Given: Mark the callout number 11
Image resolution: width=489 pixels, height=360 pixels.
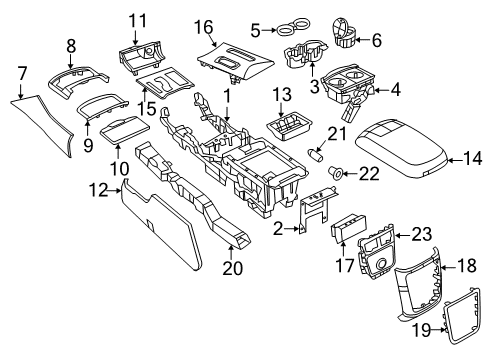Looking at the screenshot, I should point(136,18).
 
